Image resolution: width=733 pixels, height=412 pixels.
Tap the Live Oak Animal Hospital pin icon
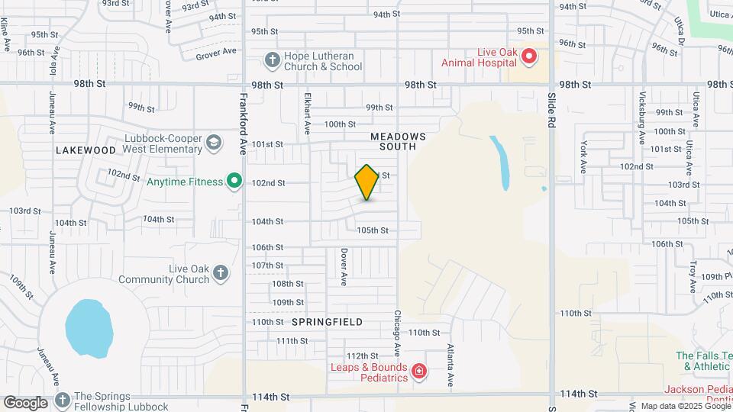[527, 56]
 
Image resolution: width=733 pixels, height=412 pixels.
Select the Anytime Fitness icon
[237, 182]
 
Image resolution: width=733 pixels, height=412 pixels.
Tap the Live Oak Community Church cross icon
[221, 273]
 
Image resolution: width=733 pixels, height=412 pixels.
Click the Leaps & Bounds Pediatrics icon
[418, 371]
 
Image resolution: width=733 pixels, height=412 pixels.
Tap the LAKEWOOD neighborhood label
[86, 150]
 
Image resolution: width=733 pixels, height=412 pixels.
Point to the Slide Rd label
[552, 114]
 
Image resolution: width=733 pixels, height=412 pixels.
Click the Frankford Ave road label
[244, 114]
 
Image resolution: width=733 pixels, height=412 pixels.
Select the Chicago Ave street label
[397, 330]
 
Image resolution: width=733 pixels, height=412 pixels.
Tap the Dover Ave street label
[344, 266]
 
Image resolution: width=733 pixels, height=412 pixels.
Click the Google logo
[25, 402]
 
